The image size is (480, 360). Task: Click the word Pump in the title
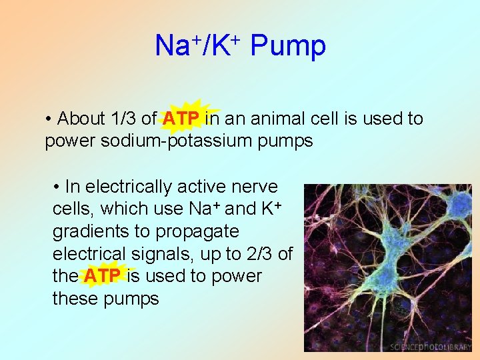[288, 47]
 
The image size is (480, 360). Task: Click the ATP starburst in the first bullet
[181, 119]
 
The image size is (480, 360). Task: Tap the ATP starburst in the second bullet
[102, 276]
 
